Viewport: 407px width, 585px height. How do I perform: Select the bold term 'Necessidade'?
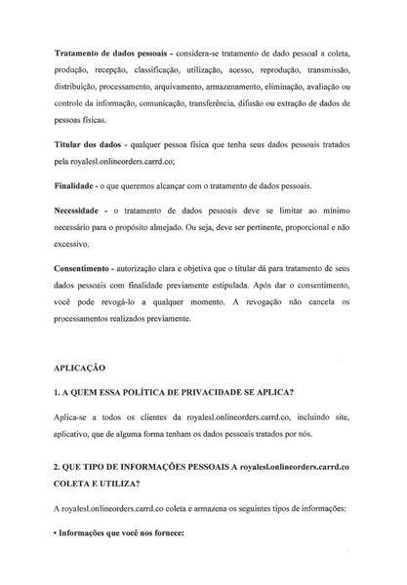[86, 211]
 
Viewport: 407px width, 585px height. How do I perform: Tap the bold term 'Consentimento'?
[91, 267]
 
